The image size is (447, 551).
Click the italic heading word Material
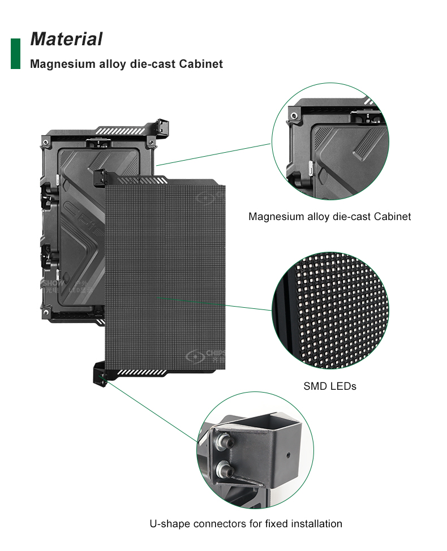66,39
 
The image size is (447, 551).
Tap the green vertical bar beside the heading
15,54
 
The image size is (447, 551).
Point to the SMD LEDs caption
330,386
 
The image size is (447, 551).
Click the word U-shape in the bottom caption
170,523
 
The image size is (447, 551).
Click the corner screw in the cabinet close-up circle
294,115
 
